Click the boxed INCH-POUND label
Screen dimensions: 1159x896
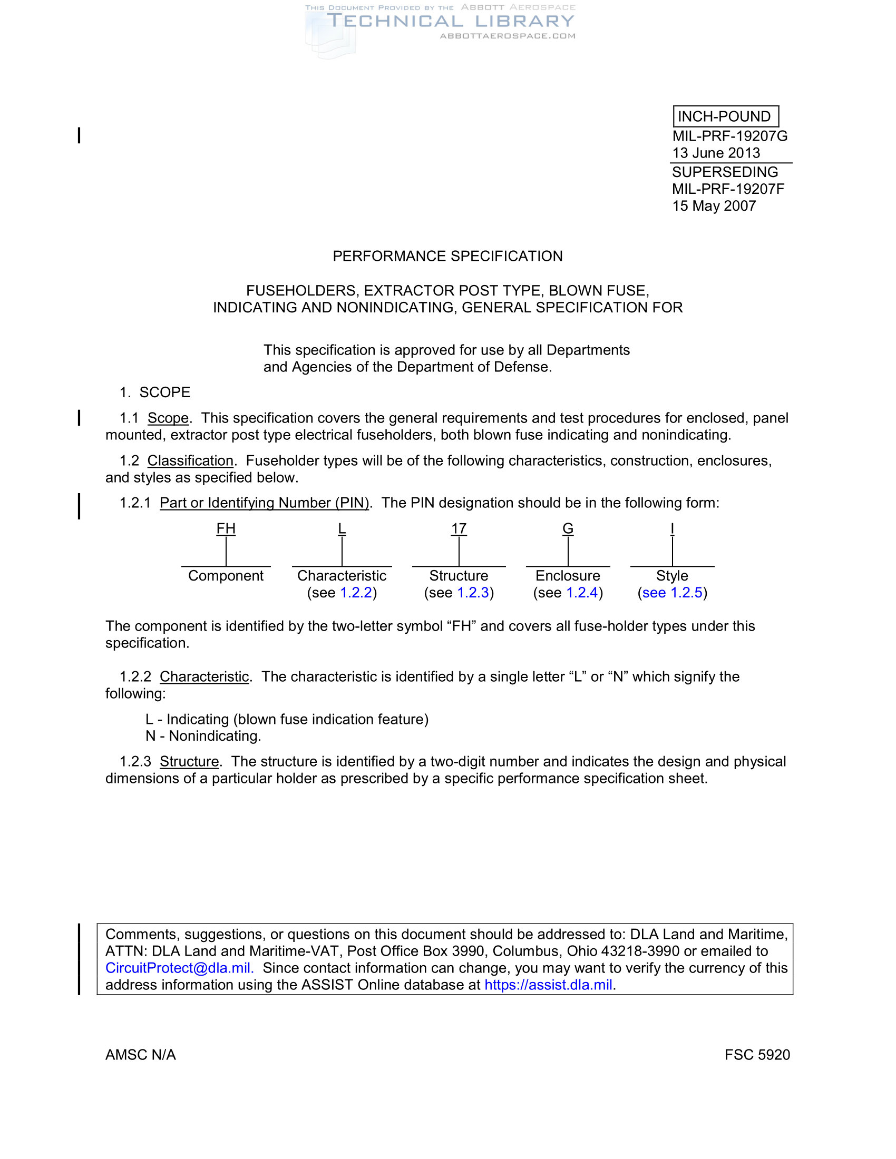(x=725, y=116)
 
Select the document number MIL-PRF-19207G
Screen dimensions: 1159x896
(x=729, y=136)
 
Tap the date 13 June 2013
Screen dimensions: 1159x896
(x=716, y=153)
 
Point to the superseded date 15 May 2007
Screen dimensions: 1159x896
(x=714, y=206)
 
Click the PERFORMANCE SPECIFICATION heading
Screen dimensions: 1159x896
(x=447, y=256)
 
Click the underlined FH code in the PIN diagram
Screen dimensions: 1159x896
(x=226, y=528)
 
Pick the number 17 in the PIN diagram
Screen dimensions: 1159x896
(x=459, y=528)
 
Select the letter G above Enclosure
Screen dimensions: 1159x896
(x=568, y=528)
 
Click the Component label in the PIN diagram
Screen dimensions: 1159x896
(x=226, y=576)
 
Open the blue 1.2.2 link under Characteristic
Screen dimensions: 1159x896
(x=356, y=593)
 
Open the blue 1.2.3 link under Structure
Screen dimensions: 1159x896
(x=473, y=593)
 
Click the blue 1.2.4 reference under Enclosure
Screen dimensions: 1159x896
(x=582, y=593)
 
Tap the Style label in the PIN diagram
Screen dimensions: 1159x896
(x=672, y=576)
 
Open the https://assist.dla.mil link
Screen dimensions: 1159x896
(x=548, y=985)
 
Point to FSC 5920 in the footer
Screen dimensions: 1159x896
(x=757, y=1055)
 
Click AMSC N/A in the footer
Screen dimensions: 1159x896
(x=140, y=1055)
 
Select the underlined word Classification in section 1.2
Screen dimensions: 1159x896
(x=190, y=460)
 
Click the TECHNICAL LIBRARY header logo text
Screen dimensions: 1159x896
(x=451, y=21)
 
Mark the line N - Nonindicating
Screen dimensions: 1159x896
(x=203, y=736)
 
